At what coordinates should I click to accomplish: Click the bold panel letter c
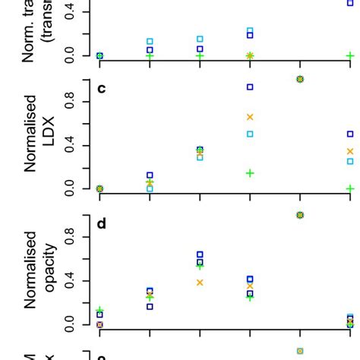point(102,89)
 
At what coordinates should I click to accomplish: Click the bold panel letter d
point(102,224)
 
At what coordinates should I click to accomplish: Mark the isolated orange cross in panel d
point(200,283)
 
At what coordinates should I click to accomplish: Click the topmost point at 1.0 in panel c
point(300,79)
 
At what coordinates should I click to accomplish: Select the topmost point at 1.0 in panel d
point(300,215)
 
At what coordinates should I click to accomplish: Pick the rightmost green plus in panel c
point(350,188)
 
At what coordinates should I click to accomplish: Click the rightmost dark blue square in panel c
point(350,134)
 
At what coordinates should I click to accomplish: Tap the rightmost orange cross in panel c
point(350,151)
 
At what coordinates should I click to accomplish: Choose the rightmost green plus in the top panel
point(350,55)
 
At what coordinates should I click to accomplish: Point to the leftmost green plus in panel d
point(99,310)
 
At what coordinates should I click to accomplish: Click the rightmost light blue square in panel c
point(350,161)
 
